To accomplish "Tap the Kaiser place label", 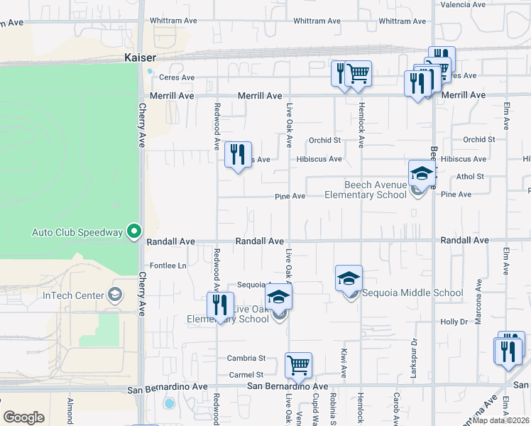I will tap(139, 55).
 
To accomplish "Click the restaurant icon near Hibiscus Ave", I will tap(238, 155).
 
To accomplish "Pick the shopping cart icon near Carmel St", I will tap(299, 366).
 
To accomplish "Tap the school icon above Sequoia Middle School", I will tap(349, 278).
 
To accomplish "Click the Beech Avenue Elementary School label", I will tap(375, 190).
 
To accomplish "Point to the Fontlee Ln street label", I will tap(167, 266).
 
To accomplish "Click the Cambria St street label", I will tap(246, 358).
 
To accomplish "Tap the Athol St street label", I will tap(470, 176).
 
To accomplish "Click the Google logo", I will tap(24, 417).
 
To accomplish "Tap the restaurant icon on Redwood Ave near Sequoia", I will tap(221, 306).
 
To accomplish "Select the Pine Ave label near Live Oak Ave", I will tap(290, 196).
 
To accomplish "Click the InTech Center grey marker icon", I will tap(115, 296).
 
